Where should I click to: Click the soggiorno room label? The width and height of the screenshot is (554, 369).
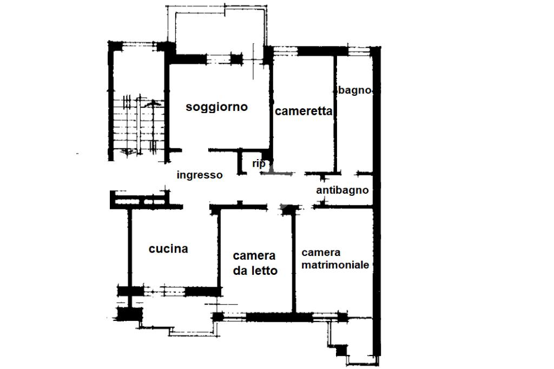coord(216,107)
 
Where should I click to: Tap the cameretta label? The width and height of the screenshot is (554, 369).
coord(303,111)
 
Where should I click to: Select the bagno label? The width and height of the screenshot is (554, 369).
coord(355,90)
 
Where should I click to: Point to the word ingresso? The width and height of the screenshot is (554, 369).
coord(200,175)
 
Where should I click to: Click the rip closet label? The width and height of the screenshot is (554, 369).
coord(258,163)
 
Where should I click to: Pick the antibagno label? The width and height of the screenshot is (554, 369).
coord(342,190)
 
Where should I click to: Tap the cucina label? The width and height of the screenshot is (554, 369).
coord(168,249)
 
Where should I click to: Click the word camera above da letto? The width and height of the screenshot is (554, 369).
coord(254,255)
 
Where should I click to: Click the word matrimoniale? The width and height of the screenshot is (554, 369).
coord(335,265)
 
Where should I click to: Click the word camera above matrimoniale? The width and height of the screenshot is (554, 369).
coord(321,253)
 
